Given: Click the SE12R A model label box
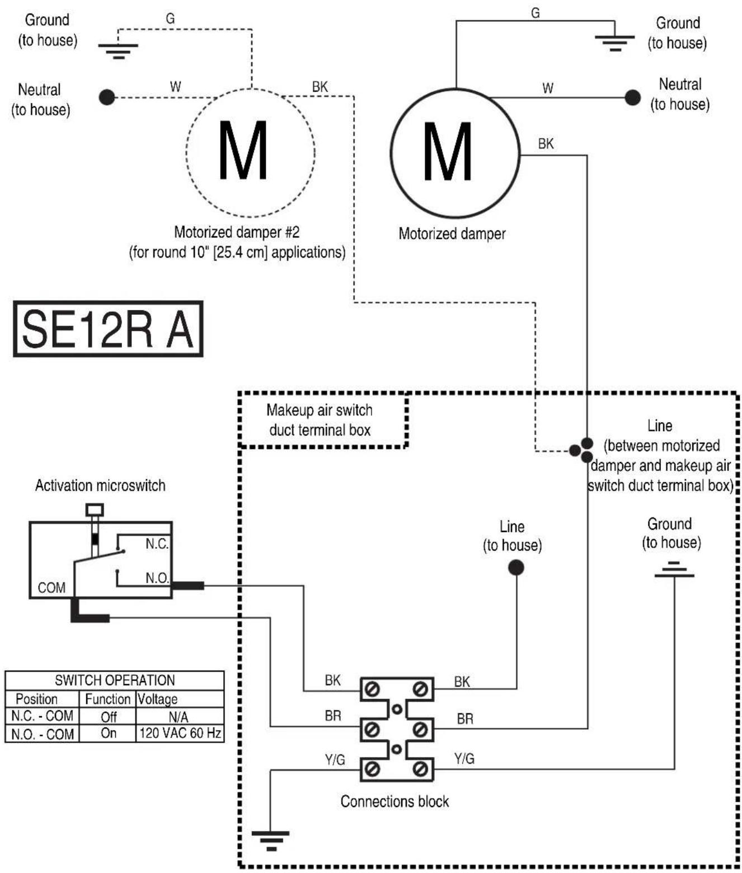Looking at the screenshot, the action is pos(108,329).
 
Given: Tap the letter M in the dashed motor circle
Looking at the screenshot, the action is pos(243,151).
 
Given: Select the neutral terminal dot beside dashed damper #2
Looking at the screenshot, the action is pos(107,97).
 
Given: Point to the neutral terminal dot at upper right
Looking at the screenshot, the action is pos(632,97).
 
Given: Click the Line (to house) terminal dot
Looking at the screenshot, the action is pos(516,567).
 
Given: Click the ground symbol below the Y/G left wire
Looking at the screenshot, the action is pos(270,841).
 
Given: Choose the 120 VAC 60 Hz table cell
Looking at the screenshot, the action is pos(180,733).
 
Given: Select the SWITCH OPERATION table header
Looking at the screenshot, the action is pos(114,680).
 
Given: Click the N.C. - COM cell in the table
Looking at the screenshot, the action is pos(42,716).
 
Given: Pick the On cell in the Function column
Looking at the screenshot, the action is pos(108,733).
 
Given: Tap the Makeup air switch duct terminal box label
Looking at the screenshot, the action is pos(320,420).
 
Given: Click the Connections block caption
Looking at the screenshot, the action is pos(395,801).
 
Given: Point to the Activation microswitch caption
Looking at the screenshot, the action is pos(100,485).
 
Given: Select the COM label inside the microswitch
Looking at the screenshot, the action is pos(51,587).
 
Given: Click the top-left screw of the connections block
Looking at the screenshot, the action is pos(372,690).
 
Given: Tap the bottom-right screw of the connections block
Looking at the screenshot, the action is pos(420,769).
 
